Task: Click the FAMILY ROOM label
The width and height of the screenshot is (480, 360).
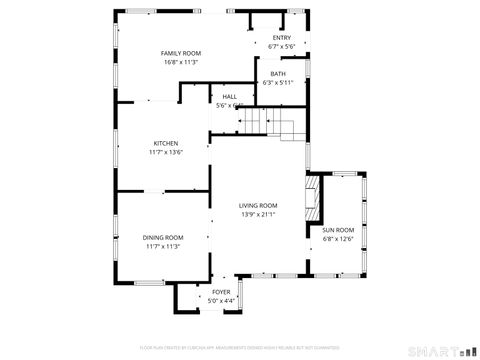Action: pos(181,53)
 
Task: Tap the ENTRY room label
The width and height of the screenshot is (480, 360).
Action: pos(282,38)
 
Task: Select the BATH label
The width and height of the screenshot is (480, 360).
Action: pos(277,74)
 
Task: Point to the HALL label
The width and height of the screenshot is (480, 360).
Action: pos(229,97)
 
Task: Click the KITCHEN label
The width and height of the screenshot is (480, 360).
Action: pos(166,143)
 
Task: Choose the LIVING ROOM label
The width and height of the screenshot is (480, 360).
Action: pos(257,205)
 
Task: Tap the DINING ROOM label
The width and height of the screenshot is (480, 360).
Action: pos(163,237)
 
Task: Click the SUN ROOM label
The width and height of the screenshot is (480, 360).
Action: pos(338,230)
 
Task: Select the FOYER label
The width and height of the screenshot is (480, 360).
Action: pos(221,292)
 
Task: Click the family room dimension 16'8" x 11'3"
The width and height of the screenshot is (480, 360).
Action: pos(181,62)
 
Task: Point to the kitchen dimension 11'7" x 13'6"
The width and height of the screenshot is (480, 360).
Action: pos(166,152)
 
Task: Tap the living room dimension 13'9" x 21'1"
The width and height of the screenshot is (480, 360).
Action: pos(257,214)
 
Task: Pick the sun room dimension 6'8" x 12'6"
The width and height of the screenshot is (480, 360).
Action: pos(338,239)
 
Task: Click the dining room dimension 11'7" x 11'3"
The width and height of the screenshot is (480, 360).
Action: pos(163,246)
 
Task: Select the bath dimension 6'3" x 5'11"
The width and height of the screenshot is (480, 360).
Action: pos(277,83)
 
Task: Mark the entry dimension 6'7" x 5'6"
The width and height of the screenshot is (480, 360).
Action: pos(282,47)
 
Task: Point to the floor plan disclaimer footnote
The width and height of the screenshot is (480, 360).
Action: pos(240,347)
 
